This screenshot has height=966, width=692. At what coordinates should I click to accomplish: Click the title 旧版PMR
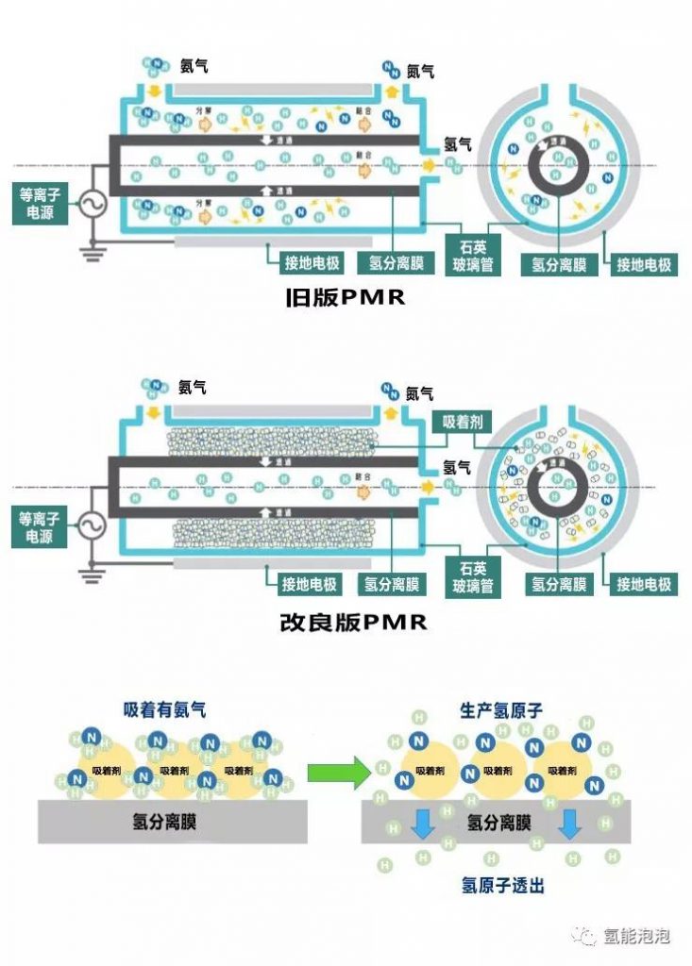click(345, 299)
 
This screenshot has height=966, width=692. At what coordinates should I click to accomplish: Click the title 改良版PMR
click(345, 623)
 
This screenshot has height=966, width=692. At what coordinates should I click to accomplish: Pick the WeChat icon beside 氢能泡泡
click(588, 937)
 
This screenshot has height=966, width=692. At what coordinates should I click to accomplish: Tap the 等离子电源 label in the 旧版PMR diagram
click(39, 205)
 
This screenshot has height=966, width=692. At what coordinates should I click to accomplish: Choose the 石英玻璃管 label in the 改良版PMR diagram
click(468, 577)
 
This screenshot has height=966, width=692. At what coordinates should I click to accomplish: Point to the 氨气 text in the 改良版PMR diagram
click(193, 387)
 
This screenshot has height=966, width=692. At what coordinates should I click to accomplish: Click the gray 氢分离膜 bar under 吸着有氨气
click(172, 823)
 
